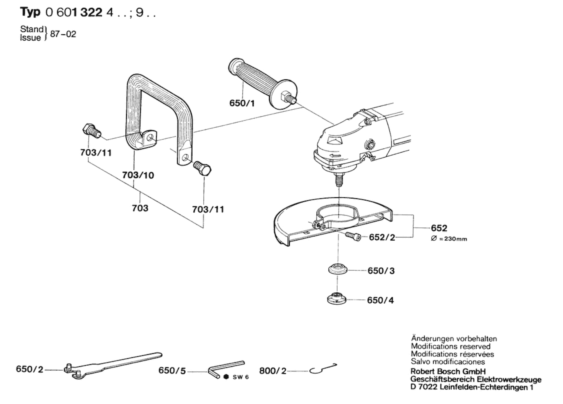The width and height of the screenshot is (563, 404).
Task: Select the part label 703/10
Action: pos(138,175)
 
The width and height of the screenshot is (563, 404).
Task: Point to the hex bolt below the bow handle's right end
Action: pos(202,168)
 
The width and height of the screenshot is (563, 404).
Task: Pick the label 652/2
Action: pos(382,237)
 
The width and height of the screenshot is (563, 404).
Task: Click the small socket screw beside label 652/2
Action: pos(353,237)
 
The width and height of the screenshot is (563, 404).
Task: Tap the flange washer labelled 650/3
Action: pos(338,269)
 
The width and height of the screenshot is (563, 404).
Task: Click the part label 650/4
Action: pos(380,300)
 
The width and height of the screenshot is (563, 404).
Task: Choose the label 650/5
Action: pos(172,371)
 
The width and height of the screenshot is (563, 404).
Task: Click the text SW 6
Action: pos(241,377)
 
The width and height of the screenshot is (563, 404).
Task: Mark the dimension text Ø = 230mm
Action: pos(449,239)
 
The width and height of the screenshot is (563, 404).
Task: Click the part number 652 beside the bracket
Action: pos(439,228)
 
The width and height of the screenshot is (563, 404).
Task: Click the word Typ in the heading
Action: pos(30,13)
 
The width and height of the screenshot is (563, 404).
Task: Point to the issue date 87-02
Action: pos(63,34)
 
